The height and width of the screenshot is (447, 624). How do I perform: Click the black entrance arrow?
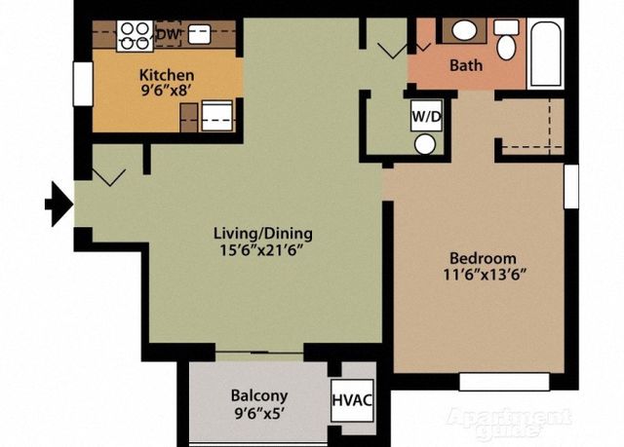[x=58, y=205]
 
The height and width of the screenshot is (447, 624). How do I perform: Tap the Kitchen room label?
[x=167, y=75]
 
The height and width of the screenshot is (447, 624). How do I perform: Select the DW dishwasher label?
[x=168, y=34]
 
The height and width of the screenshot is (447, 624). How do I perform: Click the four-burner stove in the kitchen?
[x=135, y=36]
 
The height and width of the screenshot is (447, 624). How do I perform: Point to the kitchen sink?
[x=199, y=34]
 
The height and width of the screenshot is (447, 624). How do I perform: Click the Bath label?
[x=466, y=65]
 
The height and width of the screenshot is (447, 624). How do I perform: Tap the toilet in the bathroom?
[x=506, y=40]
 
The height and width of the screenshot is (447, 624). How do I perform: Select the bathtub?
[x=546, y=54]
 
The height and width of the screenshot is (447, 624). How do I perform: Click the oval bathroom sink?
[x=464, y=30]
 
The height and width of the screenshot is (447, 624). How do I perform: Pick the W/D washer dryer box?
[x=426, y=116]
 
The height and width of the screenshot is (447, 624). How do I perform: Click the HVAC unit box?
[x=352, y=400]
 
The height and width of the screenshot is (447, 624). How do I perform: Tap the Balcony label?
[x=259, y=395]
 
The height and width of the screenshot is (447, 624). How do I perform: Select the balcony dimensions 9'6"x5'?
[x=258, y=414]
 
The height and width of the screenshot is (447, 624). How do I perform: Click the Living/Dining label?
[x=263, y=233]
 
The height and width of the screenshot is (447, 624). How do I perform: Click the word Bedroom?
[x=484, y=258]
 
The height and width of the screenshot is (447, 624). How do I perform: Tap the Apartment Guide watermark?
[x=509, y=423]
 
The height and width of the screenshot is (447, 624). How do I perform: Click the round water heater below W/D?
[x=425, y=144]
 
